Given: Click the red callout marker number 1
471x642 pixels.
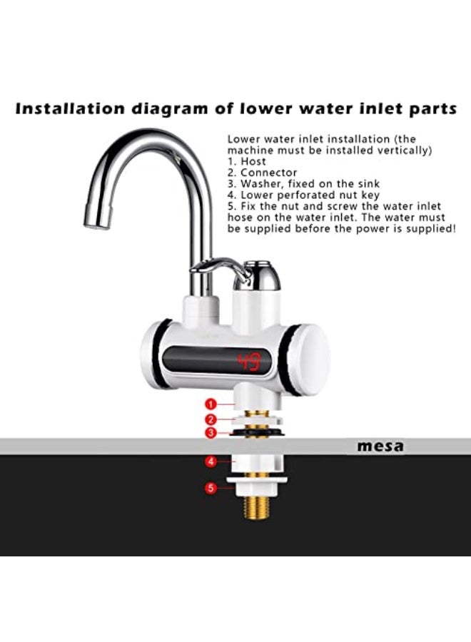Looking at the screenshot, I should pos(211,404).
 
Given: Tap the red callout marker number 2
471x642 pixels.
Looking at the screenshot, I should pos(211,419).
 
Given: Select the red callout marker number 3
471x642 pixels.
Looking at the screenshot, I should pos(211,433).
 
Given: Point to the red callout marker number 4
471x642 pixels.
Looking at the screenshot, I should pos(211,462).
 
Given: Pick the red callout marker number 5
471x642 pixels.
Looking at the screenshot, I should pos(211,489).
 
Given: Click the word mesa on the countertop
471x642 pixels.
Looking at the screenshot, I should pos(380,447).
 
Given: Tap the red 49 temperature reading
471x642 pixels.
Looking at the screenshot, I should pos(250,362).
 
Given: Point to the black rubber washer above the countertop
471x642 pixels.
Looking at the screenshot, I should pos(257,433).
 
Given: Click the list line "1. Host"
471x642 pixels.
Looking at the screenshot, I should pos(247,162).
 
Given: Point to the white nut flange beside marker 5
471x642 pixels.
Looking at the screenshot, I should pos(257,488).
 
